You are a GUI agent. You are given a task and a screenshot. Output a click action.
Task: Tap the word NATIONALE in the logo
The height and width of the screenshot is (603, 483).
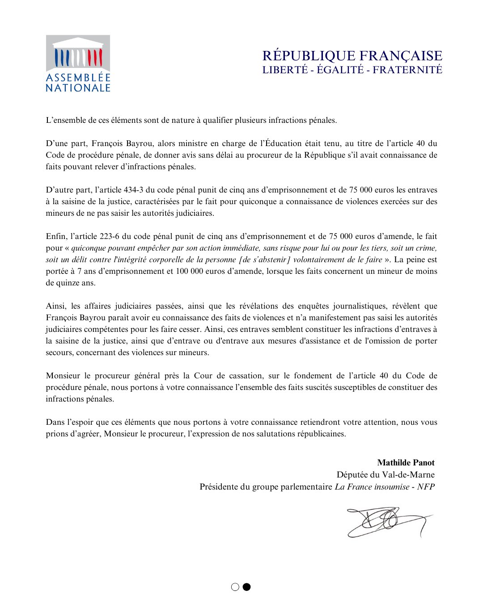point(78,88)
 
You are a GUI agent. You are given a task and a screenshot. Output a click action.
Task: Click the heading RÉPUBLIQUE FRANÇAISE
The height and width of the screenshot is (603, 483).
point(352,56)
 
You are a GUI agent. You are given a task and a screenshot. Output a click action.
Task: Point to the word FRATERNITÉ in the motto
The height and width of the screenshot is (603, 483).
point(407,70)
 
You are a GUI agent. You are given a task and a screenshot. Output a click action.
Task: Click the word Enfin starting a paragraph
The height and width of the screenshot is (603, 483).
point(55,236)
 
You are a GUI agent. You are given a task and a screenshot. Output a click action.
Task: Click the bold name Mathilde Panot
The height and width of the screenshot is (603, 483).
point(406,463)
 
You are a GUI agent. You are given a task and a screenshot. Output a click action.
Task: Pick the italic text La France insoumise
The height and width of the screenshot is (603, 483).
point(372,486)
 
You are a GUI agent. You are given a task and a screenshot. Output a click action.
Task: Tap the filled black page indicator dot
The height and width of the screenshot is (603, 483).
point(246,587)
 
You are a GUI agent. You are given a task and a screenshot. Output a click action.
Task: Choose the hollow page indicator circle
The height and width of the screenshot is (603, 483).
point(235,587)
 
